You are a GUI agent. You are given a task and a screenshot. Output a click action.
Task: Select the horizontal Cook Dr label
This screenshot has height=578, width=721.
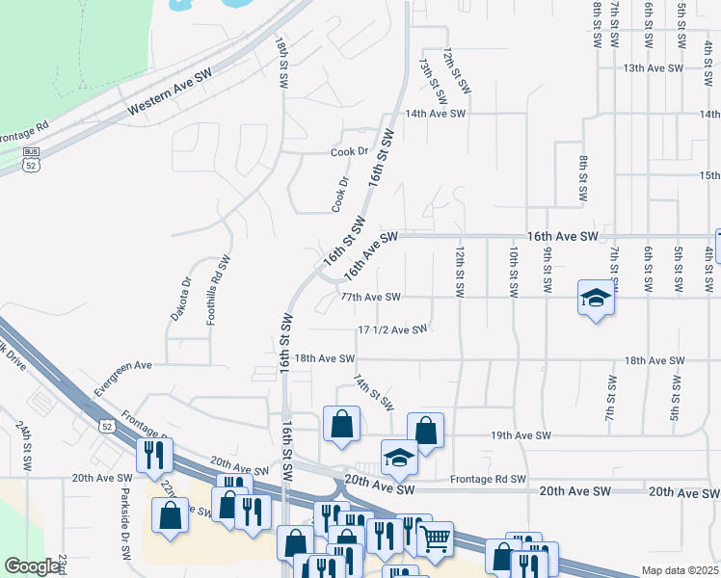(350, 152)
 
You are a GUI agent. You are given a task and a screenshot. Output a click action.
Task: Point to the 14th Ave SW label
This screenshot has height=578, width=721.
(436, 114)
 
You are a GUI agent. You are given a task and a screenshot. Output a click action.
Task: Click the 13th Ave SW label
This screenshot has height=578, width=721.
(654, 68)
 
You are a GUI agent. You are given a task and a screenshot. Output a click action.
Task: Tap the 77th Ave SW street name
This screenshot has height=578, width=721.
(370, 298)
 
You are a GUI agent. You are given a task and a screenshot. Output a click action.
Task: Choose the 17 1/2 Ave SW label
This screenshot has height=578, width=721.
(391, 329)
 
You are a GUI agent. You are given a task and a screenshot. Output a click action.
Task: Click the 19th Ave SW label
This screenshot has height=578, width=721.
(521, 436)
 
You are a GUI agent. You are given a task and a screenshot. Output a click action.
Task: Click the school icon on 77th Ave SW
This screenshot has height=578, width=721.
(595, 300)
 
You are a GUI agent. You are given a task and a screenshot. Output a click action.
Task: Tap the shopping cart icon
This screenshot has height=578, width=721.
(436, 539)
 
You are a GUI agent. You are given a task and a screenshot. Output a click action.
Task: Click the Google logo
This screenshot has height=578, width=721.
(32, 566)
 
